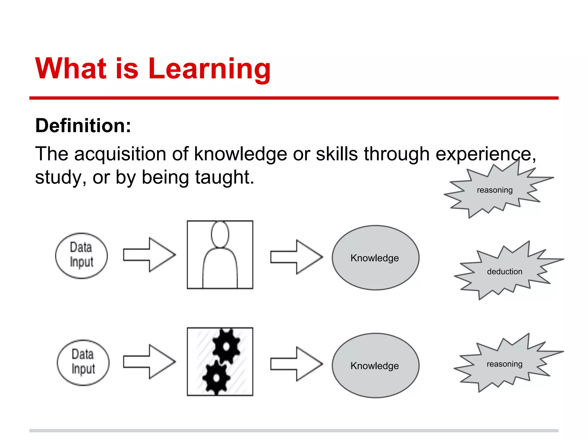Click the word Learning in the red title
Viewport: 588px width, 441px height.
210,69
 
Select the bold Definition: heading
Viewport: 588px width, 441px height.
83,126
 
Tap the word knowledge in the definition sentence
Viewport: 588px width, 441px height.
241,154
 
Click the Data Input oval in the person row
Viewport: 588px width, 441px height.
82,256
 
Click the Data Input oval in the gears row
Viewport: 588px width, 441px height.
83,362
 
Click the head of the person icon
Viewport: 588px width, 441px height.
220,234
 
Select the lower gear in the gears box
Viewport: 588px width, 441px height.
216,378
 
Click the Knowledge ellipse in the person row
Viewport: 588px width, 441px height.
375,258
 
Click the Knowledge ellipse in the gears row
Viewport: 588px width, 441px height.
375,365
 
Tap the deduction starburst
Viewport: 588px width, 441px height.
504,271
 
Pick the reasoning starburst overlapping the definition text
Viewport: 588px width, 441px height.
494,190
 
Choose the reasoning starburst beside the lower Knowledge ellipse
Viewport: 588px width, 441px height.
504,364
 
